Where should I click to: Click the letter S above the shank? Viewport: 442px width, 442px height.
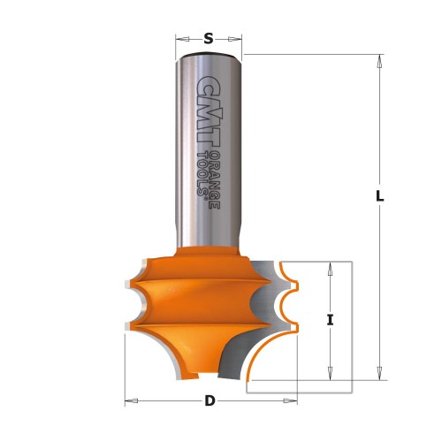pos(209,38)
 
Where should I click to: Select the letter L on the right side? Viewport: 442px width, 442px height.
pos(379,198)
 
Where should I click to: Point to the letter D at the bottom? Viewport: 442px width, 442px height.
pos(210,400)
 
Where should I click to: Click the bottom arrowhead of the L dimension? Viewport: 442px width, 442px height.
pos(379,373)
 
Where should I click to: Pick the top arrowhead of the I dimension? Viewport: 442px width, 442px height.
pos(330,267)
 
